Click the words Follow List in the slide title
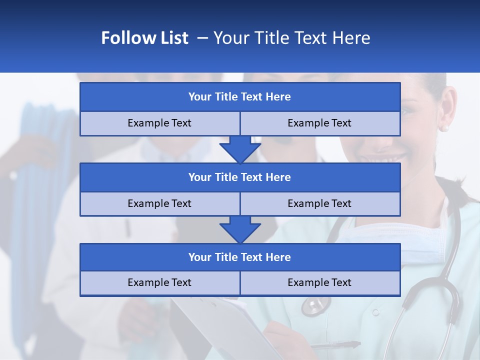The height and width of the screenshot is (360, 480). [x=144, y=38]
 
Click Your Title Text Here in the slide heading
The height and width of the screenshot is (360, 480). [x=291, y=38]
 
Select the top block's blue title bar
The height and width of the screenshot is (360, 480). [x=239, y=97]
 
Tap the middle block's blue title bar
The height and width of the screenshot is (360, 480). [x=239, y=177]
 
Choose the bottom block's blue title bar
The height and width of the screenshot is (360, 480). [x=239, y=257]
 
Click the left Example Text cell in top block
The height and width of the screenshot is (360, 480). [x=159, y=123]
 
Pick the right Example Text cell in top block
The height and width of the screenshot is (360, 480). [x=319, y=123]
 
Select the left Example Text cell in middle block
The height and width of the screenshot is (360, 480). [x=159, y=203]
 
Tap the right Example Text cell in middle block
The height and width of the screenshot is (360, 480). [x=319, y=203]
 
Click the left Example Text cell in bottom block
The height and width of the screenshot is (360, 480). [x=159, y=282]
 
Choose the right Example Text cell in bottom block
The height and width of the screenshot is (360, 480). [x=319, y=282]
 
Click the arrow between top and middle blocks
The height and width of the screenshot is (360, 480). [x=240, y=149]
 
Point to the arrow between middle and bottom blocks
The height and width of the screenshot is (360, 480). [x=240, y=229]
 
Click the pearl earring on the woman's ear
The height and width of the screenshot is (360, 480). [x=443, y=128]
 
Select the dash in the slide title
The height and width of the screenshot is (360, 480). [x=202, y=38]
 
